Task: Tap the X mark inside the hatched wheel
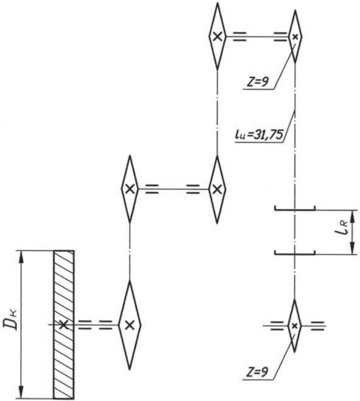click(64, 325)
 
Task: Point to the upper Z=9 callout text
click(257, 82)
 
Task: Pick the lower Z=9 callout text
click(257, 372)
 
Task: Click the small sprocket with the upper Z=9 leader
click(295, 37)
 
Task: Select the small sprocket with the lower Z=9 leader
click(294, 326)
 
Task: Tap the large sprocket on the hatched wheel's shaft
click(130, 325)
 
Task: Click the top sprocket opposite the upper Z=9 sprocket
click(217, 37)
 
